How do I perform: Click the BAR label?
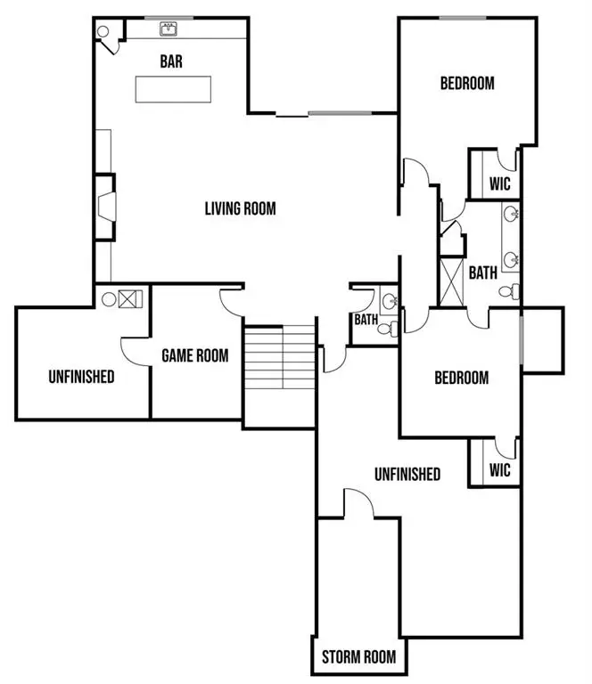[x=172, y=61]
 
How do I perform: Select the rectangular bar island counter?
[x=174, y=89]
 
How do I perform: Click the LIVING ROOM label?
[x=240, y=209]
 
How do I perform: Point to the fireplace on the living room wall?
[x=106, y=207]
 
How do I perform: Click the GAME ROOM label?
[x=194, y=355]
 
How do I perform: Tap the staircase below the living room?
[x=280, y=361]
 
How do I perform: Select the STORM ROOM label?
[x=358, y=658]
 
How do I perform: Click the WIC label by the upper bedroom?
[x=500, y=185]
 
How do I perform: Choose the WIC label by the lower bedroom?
[x=500, y=470]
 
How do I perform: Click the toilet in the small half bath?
[x=384, y=329]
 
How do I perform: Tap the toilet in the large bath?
[x=507, y=291]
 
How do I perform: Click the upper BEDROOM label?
[x=467, y=84]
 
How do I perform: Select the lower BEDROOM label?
[x=461, y=378]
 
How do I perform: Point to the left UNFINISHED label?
[x=81, y=377]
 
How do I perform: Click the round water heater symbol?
[x=108, y=298]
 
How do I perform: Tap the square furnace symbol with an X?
[x=127, y=298]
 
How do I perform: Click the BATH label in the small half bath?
[x=366, y=319]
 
